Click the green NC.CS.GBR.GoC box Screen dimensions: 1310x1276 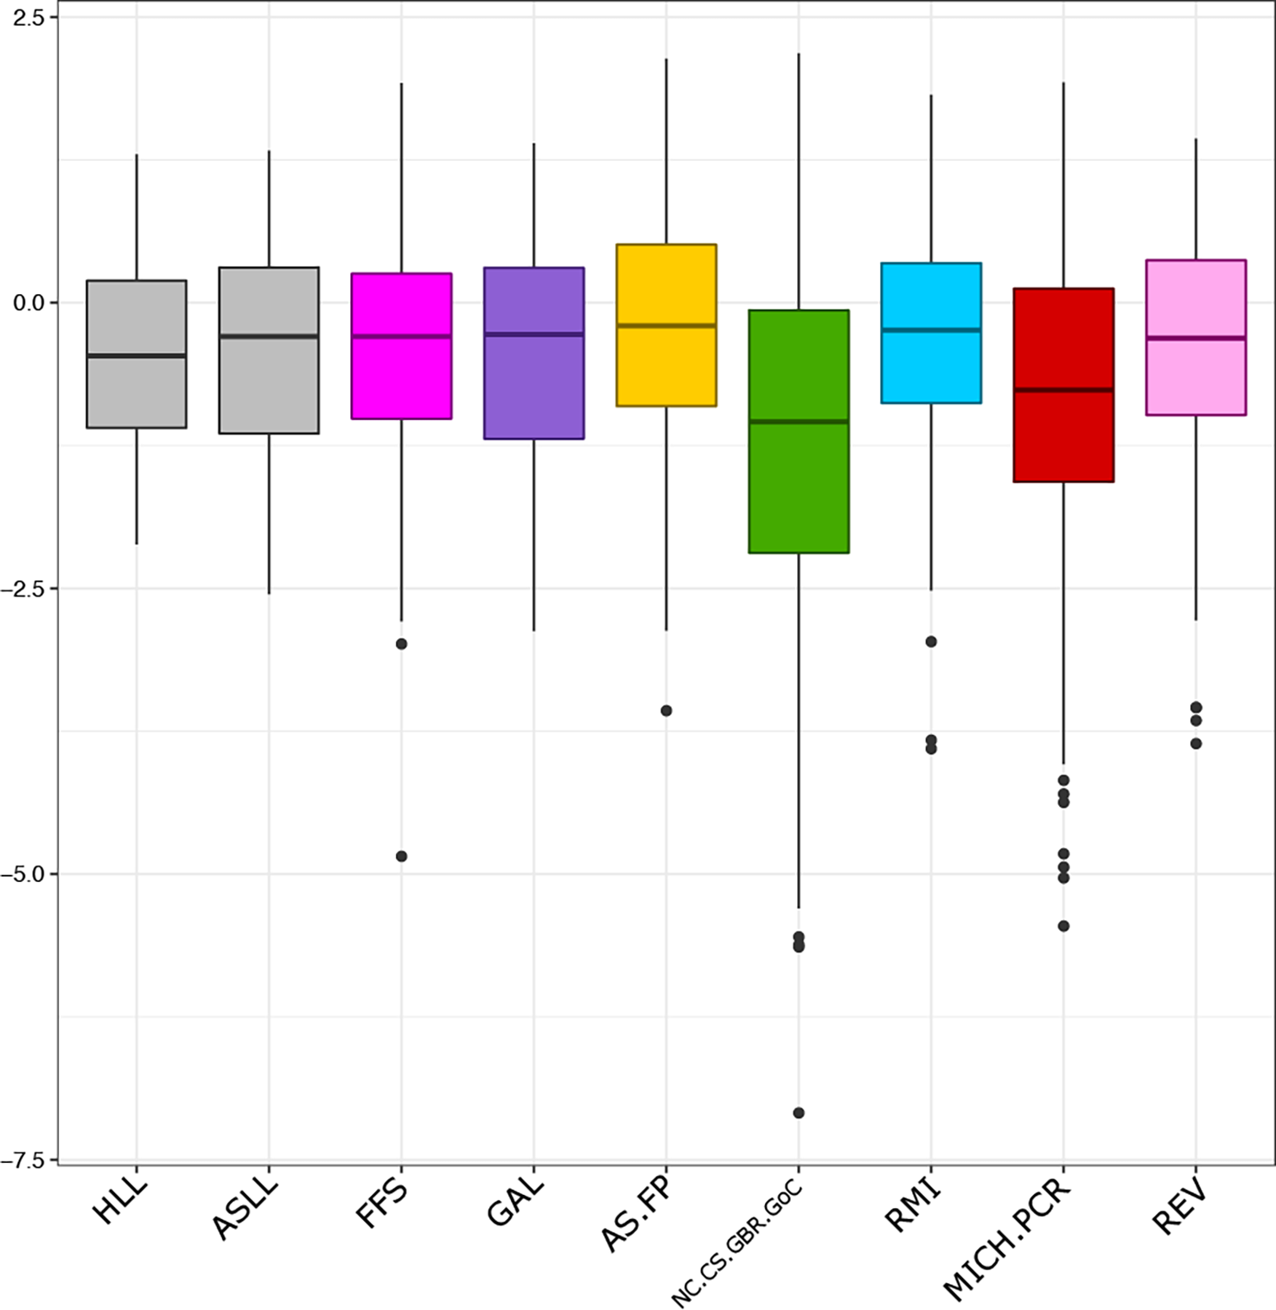coord(798,484)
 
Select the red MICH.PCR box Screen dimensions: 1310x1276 coord(1063,432)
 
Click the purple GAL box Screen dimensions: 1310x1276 coord(533,389)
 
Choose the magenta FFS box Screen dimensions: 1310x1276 coord(401,380)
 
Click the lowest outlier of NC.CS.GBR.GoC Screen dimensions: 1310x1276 coord(799,1113)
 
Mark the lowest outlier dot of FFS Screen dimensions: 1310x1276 coord(401,856)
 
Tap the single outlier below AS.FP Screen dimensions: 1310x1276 coord(667,711)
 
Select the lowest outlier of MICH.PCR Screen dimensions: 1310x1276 coord(1063,926)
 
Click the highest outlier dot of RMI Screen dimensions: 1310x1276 coord(931,642)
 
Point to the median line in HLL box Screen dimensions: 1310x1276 coord(137,355)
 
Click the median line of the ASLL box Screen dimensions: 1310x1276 coord(269,335)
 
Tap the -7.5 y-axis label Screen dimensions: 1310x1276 coord(26,1160)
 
